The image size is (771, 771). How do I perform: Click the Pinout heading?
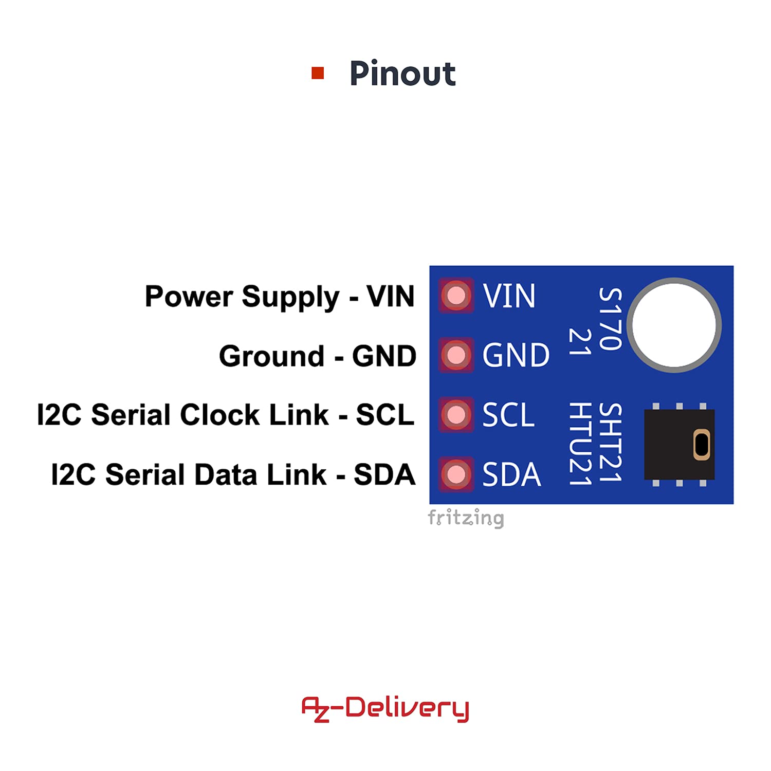402,74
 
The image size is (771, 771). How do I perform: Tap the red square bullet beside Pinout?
318,73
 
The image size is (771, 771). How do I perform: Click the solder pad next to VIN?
456,296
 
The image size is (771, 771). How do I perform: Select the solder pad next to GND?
456,355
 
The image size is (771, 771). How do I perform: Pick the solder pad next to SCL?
456,415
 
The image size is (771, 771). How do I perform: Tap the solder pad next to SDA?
456,474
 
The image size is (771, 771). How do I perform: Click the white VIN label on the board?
509,296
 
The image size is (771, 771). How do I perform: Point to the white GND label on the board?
516,355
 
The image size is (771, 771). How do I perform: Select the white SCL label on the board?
508,415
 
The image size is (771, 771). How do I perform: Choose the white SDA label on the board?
511,474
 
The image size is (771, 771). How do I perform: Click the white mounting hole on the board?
674,325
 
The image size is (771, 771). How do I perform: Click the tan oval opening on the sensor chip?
702,445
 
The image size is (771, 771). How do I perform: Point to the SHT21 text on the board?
611,443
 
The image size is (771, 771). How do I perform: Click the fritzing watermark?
466,518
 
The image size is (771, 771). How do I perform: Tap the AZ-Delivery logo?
385,709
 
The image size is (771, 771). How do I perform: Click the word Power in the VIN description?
189,297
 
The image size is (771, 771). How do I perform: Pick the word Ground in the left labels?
271,356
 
